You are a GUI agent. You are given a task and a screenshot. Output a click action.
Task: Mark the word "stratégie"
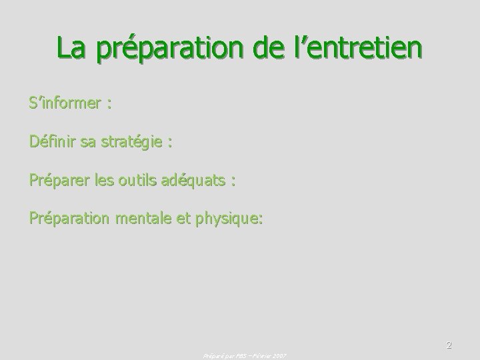[x=135, y=142]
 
